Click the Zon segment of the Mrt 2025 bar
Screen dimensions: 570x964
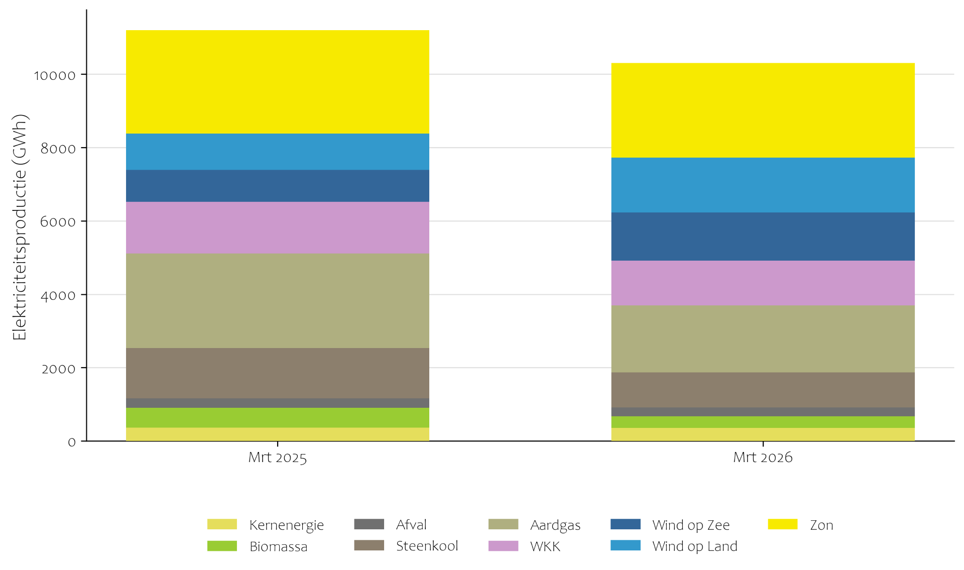point(277,82)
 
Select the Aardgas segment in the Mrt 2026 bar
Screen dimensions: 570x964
point(762,339)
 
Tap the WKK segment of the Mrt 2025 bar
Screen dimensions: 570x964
point(277,227)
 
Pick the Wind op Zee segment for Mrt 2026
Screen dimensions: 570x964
point(762,237)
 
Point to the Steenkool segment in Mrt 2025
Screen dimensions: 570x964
point(277,373)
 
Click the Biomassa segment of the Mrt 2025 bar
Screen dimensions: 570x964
point(277,417)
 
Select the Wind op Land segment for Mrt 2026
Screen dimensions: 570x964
point(762,185)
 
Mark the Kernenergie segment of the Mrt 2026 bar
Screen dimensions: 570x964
point(762,434)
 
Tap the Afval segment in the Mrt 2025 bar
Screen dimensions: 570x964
point(277,403)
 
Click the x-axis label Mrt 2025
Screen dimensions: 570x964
point(277,458)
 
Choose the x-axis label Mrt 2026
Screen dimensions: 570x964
point(762,458)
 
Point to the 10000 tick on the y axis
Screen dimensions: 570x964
point(55,75)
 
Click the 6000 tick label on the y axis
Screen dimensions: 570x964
point(58,222)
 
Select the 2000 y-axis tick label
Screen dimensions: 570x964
point(58,369)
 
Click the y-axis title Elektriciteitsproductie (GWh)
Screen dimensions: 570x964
point(20,227)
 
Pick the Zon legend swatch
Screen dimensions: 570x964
point(782,524)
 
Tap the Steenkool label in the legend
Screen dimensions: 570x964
point(427,546)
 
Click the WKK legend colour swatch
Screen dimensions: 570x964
point(503,546)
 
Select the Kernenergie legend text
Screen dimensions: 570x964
point(286,525)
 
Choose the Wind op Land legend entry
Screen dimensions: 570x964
point(694,546)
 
